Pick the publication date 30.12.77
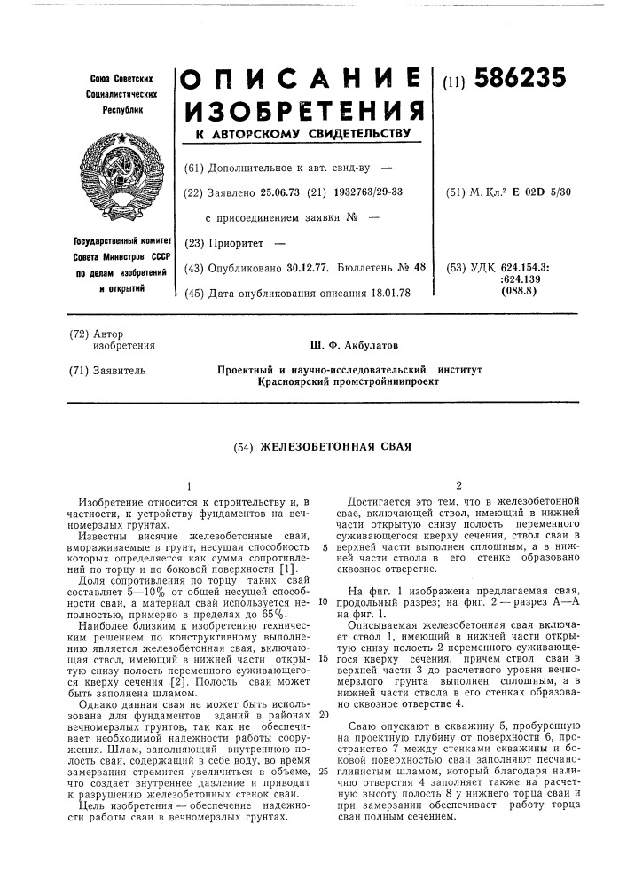[x=313, y=268]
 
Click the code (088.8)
[x=521, y=292]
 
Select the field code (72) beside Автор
[x=81, y=334]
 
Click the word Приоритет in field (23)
[x=239, y=242]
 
